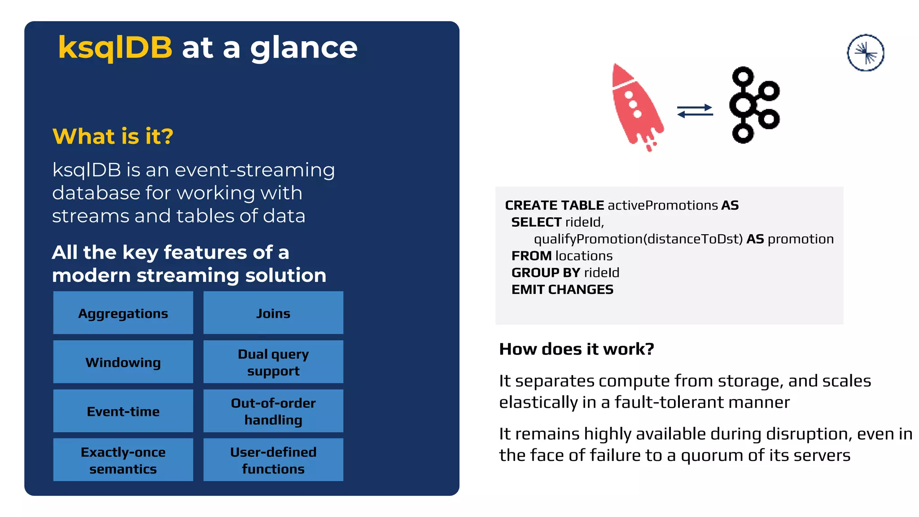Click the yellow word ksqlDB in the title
(115, 48)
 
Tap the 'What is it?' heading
(113, 136)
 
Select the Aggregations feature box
(123, 313)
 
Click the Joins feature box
(273, 313)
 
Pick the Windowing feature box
(123, 362)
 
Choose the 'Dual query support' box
(273, 362)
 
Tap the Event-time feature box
(123, 411)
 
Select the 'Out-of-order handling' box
(273, 411)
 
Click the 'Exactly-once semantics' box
(123, 460)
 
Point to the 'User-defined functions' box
(273, 460)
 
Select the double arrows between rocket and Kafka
(695, 111)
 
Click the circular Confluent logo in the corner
(866, 53)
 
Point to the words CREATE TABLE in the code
(554, 206)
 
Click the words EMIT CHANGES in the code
(562, 290)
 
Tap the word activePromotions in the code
(663, 206)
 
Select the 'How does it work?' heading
(577, 349)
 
